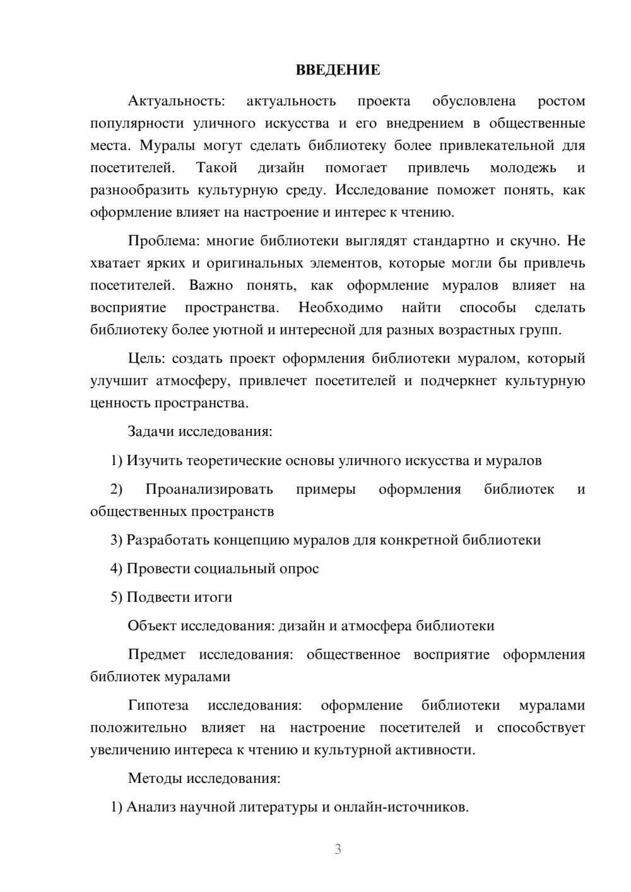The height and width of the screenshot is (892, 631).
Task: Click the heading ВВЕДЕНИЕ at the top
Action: pos(338,70)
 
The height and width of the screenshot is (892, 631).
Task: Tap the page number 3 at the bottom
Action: pos(338,849)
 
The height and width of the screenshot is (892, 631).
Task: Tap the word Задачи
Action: pos(151,432)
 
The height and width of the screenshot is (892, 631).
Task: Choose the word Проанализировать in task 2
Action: pos(209,490)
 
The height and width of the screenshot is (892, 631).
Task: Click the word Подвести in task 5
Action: pos(155,597)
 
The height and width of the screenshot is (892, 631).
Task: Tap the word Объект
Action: pos(152,626)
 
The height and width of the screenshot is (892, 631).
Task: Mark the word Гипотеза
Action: pos(158,706)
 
